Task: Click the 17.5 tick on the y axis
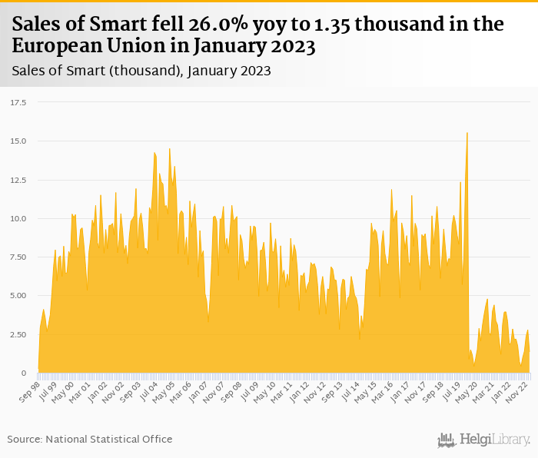click(18, 102)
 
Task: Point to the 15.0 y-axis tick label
click(18, 141)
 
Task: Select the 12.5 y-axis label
click(18, 180)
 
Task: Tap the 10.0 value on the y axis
click(18, 218)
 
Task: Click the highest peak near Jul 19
click(467, 134)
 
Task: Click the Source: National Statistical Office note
click(90, 439)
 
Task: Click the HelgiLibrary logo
click(483, 440)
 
